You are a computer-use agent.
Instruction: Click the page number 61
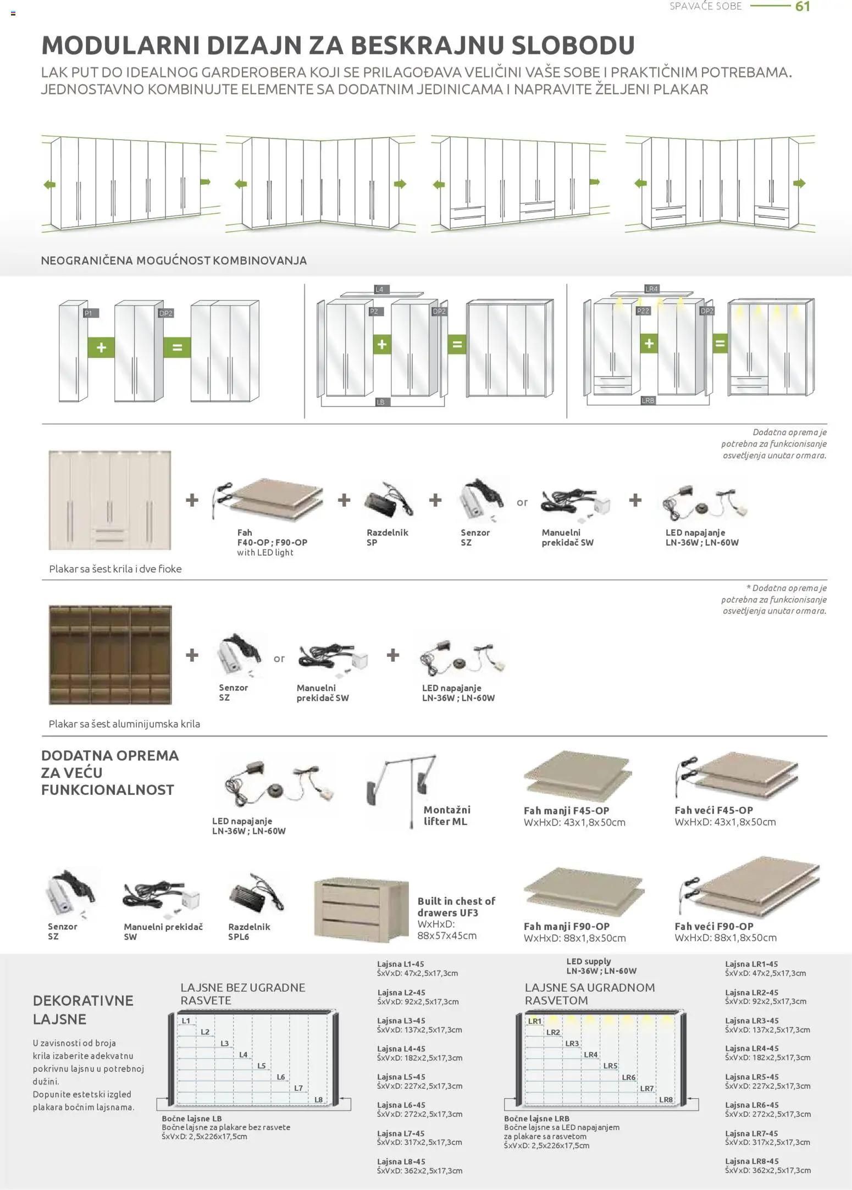click(x=803, y=7)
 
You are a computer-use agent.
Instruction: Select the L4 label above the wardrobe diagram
click(x=379, y=289)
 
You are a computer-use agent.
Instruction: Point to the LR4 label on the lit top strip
click(x=651, y=289)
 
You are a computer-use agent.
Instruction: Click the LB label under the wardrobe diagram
click(x=380, y=402)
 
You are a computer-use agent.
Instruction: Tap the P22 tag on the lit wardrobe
click(x=643, y=311)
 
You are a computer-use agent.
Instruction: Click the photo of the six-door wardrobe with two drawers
click(x=109, y=500)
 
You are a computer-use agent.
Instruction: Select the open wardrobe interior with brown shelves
click(x=110, y=655)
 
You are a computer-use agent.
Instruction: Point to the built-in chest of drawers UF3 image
click(x=361, y=910)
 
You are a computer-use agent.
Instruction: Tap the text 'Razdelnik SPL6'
click(x=249, y=931)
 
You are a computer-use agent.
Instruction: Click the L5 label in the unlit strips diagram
click(x=262, y=1066)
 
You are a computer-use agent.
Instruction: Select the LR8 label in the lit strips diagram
click(x=666, y=1099)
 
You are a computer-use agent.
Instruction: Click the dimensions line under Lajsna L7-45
click(x=419, y=1142)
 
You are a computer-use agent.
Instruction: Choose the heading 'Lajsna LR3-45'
click(x=751, y=1020)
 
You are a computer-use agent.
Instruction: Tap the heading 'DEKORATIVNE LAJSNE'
click(x=83, y=1009)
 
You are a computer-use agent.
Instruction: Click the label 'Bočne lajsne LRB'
click(x=536, y=1118)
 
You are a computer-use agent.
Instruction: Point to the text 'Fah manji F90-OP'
click(x=566, y=926)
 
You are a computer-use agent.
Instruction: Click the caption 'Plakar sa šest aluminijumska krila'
click(x=124, y=723)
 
